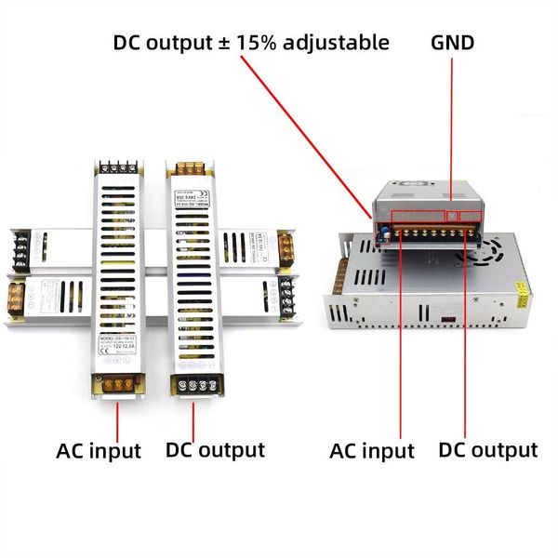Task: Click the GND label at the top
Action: (453, 42)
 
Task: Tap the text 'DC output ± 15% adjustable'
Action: (251, 42)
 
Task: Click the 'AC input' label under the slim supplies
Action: (99, 451)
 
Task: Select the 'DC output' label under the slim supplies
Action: (215, 450)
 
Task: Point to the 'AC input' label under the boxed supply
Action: (372, 451)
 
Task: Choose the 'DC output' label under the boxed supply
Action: (488, 450)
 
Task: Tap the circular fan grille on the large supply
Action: (490, 249)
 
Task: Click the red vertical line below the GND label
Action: (453, 130)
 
